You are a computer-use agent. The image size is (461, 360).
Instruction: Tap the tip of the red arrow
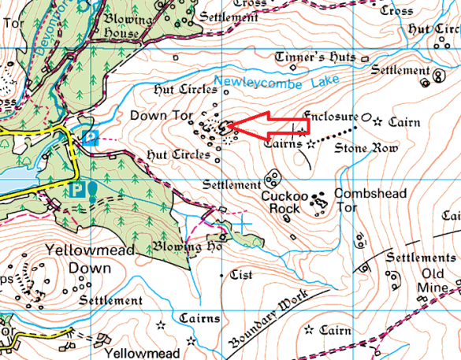(229, 125)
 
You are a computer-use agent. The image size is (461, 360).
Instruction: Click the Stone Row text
(359, 147)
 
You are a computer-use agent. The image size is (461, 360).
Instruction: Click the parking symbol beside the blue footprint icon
(77, 190)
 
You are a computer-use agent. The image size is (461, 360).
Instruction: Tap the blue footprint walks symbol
(92, 190)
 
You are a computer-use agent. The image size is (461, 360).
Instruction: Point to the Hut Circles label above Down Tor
(176, 90)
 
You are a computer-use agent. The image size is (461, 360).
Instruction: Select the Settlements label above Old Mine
(426, 258)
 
